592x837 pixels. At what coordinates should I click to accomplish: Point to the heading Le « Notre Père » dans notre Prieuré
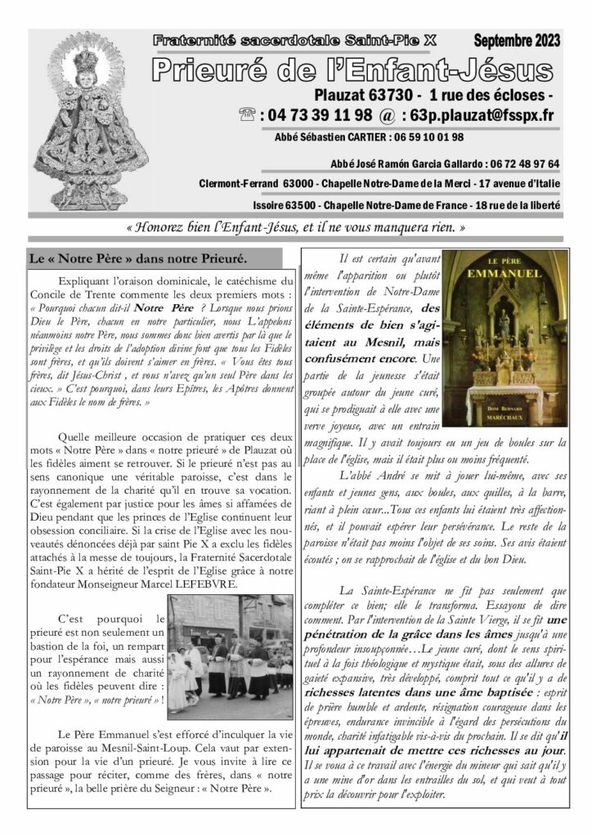tap(138, 259)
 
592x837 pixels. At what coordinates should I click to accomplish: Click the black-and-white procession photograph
tap(230, 656)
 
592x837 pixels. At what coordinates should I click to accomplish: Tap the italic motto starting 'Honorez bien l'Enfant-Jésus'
tap(296, 226)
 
